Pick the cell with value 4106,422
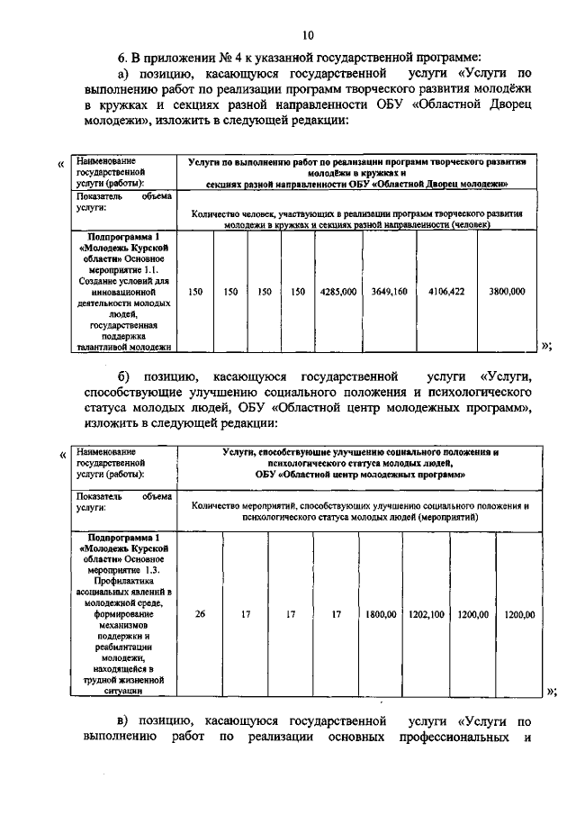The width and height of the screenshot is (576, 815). click(446, 292)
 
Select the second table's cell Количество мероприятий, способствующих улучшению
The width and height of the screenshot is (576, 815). click(359, 512)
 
